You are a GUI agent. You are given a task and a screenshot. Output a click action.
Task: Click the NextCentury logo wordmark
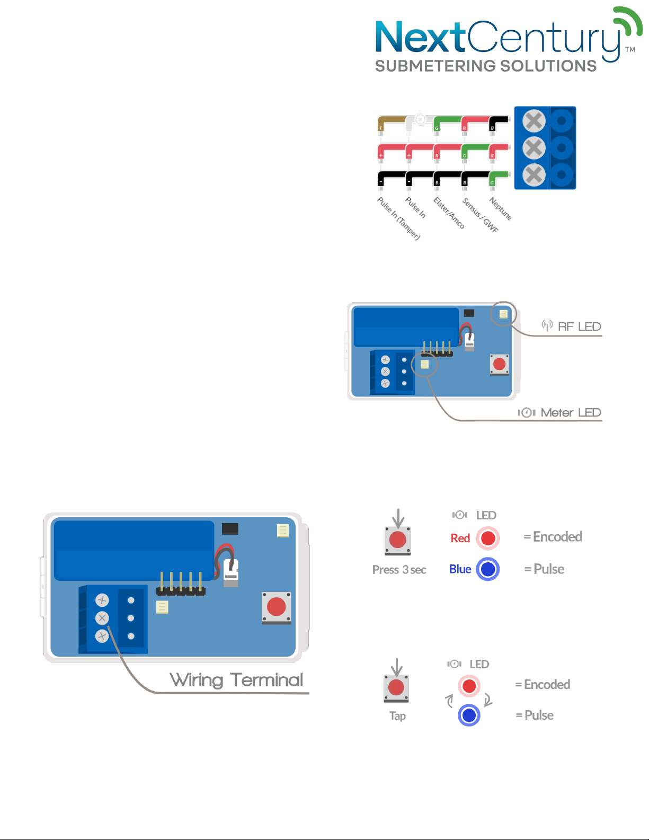(x=498, y=38)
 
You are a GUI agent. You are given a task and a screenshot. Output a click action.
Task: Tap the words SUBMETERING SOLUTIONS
(x=486, y=66)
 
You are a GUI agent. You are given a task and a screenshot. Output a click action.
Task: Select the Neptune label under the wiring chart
(x=500, y=208)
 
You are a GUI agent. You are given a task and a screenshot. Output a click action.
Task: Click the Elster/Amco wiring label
(x=449, y=213)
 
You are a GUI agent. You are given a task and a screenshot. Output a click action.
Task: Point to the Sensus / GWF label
(x=480, y=215)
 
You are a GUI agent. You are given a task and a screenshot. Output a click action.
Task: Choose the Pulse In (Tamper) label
(x=398, y=218)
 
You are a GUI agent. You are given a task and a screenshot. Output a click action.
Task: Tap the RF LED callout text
(x=579, y=326)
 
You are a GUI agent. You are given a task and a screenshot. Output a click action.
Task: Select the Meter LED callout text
(x=570, y=412)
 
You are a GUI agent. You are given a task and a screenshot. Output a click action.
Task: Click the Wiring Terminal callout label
(x=236, y=679)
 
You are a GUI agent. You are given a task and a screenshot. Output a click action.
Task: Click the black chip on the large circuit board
(x=230, y=528)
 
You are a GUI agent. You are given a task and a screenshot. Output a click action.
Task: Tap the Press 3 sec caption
(x=399, y=570)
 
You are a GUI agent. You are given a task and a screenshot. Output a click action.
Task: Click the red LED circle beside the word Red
(x=488, y=538)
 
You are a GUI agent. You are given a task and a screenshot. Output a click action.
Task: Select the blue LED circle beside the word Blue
(x=488, y=569)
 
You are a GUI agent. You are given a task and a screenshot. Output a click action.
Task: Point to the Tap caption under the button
(x=397, y=716)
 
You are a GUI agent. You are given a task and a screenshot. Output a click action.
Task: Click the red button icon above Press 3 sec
(x=398, y=540)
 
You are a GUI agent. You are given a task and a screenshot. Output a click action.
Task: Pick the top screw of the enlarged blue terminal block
(x=534, y=121)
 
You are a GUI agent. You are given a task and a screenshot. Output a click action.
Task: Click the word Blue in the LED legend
(x=460, y=569)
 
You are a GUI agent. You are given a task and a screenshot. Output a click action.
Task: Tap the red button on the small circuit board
(x=499, y=364)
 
